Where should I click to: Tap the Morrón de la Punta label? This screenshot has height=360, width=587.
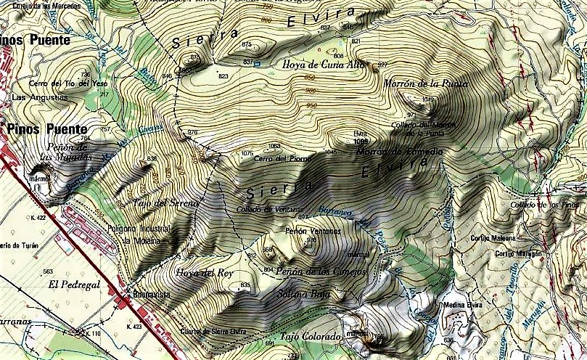pos(426,83)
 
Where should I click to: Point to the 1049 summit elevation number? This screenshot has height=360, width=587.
pos(427,99)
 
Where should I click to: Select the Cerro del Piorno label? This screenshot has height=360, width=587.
pos(283,159)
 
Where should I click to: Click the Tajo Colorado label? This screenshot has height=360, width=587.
pos(310,337)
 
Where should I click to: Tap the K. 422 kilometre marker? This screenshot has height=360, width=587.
pos(38,217)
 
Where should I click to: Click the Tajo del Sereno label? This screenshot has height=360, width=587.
pos(166,203)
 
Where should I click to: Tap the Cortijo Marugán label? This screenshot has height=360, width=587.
pos(520,253)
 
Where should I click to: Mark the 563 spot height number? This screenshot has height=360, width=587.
pos(49,271)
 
